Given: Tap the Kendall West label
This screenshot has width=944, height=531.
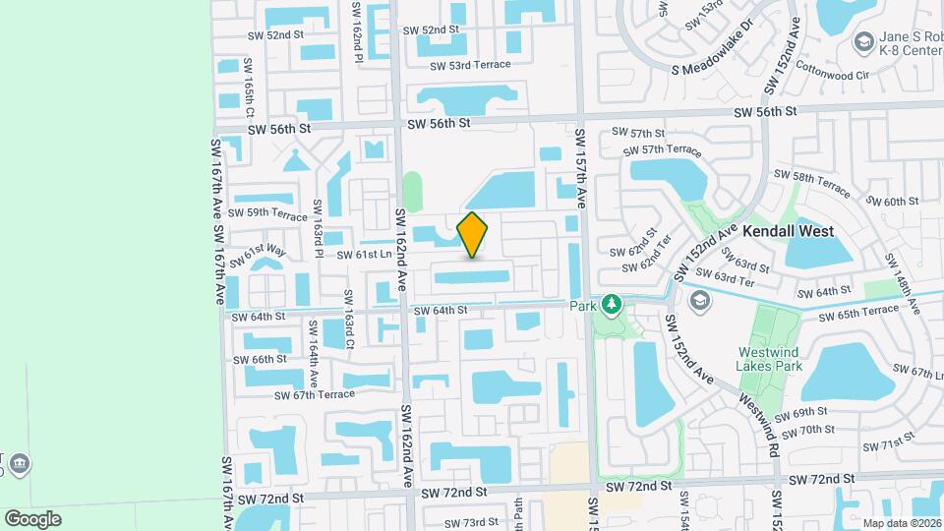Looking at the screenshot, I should click(788, 231).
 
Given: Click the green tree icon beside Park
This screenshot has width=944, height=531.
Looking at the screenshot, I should click(613, 306).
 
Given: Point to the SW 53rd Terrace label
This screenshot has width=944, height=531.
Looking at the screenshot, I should click(470, 65).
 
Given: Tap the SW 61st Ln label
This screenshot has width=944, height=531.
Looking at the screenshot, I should click(365, 254).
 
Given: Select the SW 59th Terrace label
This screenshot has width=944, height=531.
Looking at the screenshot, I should click(267, 212).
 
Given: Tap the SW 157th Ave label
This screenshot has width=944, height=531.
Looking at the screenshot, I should click(580, 169).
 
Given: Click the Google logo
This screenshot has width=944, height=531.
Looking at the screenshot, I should click(32, 518).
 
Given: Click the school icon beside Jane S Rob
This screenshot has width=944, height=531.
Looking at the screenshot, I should click(863, 42).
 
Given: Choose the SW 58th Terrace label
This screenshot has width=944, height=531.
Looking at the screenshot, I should click(811, 181).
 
